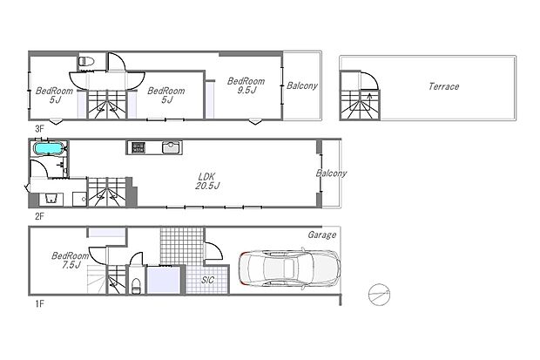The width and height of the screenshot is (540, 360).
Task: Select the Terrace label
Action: tap(443, 86)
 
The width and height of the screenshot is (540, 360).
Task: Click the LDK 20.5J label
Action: tap(207, 180)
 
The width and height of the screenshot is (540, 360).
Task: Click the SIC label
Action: tap(208, 280)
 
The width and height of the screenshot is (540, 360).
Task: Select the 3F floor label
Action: tap(38, 128)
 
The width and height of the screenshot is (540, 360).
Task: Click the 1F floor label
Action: tap(38, 304)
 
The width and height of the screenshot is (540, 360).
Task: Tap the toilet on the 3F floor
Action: tap(85, 62)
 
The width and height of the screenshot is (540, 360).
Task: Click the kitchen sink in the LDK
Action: tap(170, 147)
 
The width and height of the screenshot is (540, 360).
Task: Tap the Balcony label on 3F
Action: tap(302, 85)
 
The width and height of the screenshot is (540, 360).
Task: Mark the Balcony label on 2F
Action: tap(332, 173)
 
